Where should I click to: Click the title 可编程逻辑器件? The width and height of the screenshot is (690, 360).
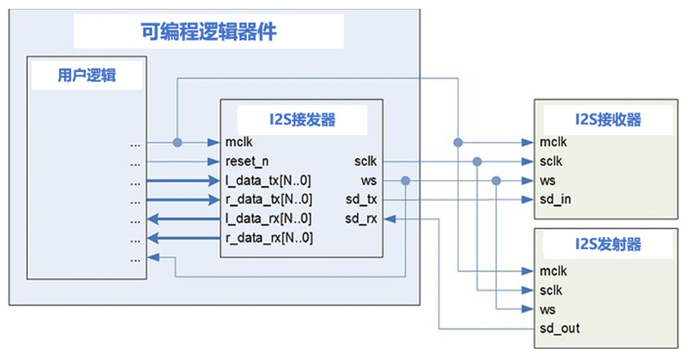click(208, 33)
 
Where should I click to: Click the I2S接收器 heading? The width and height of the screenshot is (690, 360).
click(608, 120)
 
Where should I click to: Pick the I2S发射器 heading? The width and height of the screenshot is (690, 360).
click(608, 245)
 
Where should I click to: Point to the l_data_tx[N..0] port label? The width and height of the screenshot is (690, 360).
click(269, 180)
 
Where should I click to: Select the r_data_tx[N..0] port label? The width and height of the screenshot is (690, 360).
click(269, 200)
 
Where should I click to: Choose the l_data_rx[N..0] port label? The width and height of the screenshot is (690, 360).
click(269, 219)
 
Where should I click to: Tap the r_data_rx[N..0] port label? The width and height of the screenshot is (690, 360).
click(269, 238)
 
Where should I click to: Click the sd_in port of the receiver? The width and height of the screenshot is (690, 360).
click(555, 200)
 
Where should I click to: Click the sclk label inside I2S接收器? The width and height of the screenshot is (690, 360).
click(551, 162)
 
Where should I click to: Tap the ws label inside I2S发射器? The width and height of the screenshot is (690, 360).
click(548, 309)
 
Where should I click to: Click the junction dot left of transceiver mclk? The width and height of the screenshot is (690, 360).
click(177, 143)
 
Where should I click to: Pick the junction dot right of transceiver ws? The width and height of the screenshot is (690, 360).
click(405, 181)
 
